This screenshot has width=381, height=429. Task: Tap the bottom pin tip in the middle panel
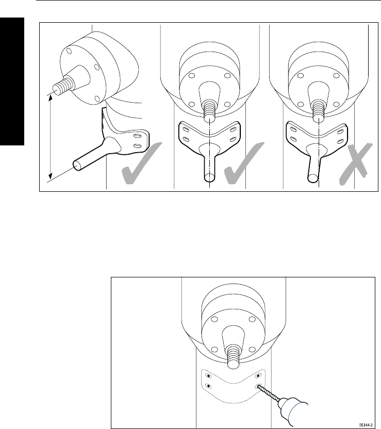click(210, 177)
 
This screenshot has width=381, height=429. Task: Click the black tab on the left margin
click(12, 82)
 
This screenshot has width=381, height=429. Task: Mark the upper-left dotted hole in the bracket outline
click(208, 375)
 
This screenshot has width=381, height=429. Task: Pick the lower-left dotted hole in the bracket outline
click(208, 386)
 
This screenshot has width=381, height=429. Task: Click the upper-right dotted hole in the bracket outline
click(258, 375)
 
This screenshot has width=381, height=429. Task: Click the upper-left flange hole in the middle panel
click(191, 76)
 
